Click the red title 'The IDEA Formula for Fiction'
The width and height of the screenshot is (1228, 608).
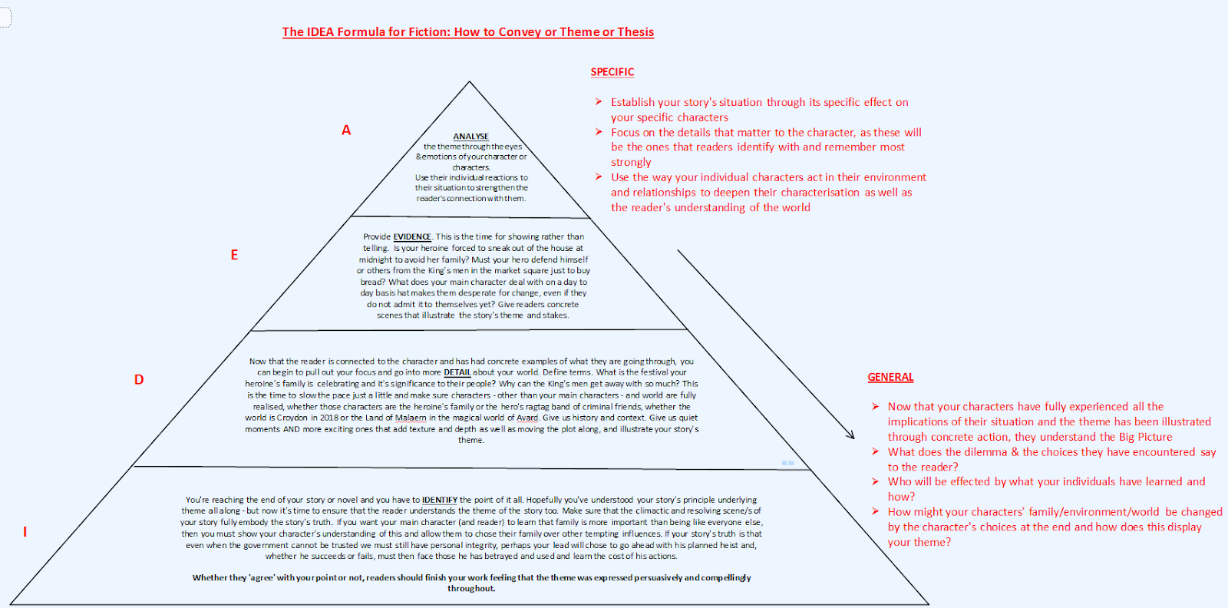467,32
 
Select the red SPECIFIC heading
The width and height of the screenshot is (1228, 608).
612,72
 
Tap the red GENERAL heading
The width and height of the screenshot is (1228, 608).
890,377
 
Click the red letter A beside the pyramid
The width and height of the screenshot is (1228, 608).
346,131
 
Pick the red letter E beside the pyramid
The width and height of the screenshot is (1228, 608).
234,255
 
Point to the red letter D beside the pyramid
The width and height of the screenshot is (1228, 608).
139,379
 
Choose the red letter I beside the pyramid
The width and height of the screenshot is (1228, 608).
25,531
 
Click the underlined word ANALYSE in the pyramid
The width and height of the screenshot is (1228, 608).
470,137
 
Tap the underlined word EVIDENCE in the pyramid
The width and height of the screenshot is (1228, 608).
412,237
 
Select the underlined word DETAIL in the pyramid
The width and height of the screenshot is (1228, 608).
457,372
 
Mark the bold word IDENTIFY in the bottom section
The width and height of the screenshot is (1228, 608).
440,500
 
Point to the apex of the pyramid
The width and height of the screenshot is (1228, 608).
470,81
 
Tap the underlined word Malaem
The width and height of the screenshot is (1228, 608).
411,418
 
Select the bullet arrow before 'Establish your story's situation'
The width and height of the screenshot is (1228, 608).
599,102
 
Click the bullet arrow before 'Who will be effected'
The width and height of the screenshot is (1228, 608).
876,481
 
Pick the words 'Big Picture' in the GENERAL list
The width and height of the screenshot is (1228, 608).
1145,437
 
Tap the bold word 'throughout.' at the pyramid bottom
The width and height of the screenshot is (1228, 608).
471,589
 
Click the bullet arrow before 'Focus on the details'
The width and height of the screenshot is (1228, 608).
599,132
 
